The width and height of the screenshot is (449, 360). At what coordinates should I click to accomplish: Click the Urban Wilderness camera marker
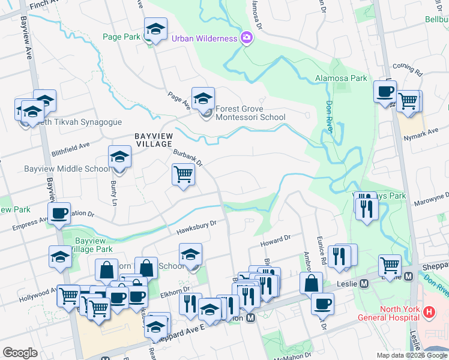[x=246, y=38]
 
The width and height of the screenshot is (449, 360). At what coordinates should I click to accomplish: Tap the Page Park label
[x=121, y=37]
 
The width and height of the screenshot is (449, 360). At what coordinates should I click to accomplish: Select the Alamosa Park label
[x=341, y=78]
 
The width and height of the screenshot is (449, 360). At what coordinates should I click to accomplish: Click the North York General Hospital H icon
[x=429, y=312]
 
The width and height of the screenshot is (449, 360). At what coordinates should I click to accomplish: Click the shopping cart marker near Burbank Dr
[x=183, y=175]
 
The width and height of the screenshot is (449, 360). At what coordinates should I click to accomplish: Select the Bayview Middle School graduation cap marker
[x=119, y=158]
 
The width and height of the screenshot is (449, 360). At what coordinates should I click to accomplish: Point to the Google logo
[x=20, y=353]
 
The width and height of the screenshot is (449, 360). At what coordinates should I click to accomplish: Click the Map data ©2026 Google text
[x=412, y=355]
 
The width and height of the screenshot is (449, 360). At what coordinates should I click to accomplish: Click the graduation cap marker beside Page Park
[x=155, y=29]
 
